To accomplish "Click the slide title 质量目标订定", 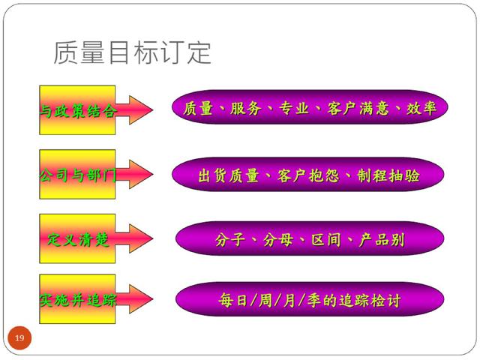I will point(132,52).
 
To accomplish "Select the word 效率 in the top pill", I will point(423,109).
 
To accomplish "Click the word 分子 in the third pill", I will point(229,240).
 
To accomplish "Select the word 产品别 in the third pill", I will point(383,240).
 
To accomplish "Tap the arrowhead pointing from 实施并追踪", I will point(139,301).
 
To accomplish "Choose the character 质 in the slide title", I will point(66,52).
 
